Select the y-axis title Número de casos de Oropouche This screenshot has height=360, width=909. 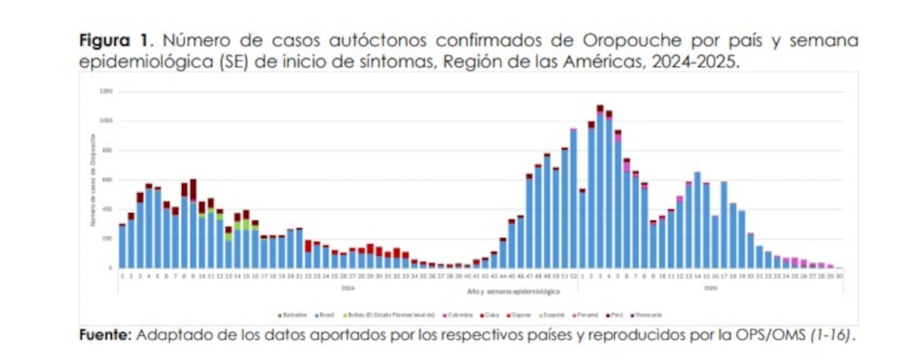(x=92, y=180)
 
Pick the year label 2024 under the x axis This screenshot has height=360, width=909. (x=347, y=289)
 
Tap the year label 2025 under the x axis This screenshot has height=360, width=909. (x=710, y=289)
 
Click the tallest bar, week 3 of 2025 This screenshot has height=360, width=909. (x=600, y=189)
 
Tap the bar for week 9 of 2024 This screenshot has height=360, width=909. (x=193, y=227)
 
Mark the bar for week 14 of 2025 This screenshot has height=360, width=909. (x=697, y=220)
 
